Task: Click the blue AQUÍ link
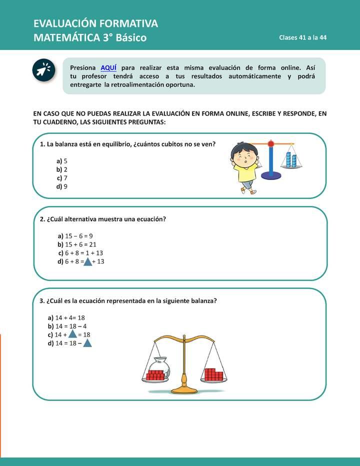[x=108, y=67]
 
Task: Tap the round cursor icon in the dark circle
[x=44, y=70]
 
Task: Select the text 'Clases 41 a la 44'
[x=302, y=38]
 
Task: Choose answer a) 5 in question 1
[x=62, y=161]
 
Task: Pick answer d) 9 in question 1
[x=62, y=186]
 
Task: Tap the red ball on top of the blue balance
[x=271, y=144]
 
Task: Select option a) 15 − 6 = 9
[x=75, y=236]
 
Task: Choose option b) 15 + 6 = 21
[x=77, y=244]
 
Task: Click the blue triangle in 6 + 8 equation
[x=87, y=261]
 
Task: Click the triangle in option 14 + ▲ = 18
[x=72, y=334]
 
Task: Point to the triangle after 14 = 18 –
[x=87, y=343]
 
